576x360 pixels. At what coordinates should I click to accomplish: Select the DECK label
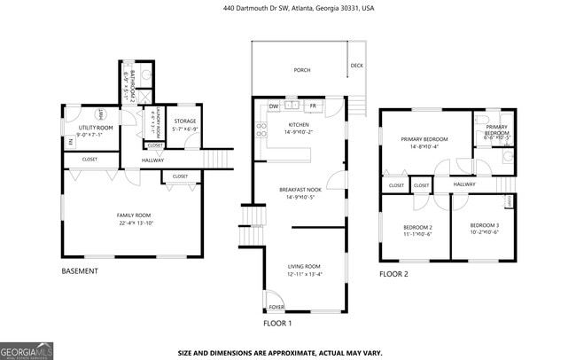tap(356, 66)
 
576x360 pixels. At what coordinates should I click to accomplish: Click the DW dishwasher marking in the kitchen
tap(275, 106)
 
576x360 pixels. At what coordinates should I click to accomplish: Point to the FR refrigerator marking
tap(313, 106)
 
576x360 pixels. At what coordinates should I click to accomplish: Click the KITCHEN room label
tap(298, 125)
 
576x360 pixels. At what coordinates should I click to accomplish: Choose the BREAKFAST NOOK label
tap(299, 190)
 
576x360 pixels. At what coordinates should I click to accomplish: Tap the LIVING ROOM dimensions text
tap(304, 274)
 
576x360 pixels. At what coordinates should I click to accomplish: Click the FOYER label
tap(277, 308)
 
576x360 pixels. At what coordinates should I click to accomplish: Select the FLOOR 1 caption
tap(277, 324)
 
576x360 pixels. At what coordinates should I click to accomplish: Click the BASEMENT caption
tap(80, 271)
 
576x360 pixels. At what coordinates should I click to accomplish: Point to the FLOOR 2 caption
tap(393, 274)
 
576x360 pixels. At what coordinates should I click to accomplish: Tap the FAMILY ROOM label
tap(136, 215)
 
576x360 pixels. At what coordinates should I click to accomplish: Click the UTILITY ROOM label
tap(95, 129)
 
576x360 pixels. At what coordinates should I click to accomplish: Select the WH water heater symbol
tap(103, 113)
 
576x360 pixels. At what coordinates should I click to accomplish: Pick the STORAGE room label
tap(184, 121)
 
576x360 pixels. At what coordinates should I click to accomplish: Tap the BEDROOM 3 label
tap(485, 225)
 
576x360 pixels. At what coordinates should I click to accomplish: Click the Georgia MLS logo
tap(27, 352)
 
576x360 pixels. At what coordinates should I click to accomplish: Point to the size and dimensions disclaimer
tap(281, 352)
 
